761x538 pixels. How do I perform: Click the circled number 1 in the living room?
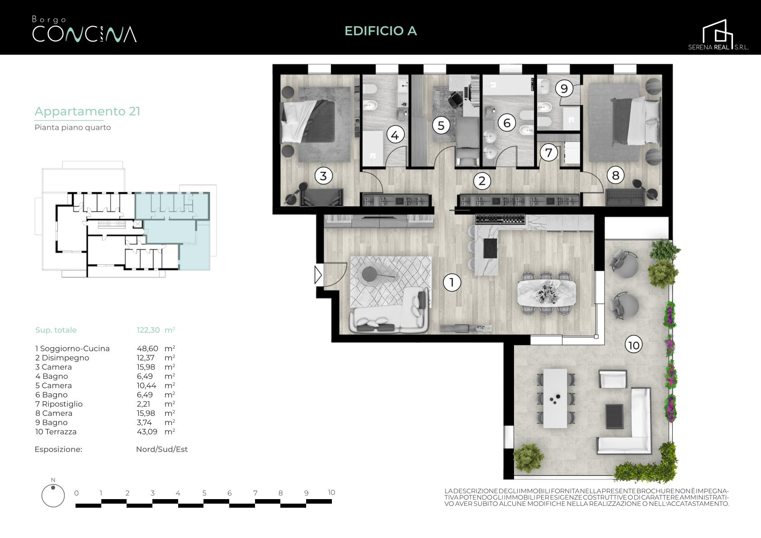tap(452, 282)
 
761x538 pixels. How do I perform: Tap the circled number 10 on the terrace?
tap(633, 345)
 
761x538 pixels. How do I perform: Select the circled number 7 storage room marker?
tap(548, 152)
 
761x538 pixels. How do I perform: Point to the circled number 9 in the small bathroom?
tap(564, 89)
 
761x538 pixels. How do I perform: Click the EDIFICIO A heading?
tap(381, 31)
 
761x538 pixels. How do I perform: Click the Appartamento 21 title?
tap(87, 111)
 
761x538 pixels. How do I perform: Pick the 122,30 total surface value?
tap(148, 330)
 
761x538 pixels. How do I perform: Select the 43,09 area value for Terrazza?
tap(147, 432)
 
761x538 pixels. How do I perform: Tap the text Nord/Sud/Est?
tap(162, 449)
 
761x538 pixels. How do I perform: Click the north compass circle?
tap(53, 496)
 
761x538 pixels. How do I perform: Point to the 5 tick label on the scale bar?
tap(204, 493)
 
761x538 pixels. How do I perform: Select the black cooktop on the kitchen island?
tap(490, 248)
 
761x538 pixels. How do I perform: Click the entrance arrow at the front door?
tap(318, 275)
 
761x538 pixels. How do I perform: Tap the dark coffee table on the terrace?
tap(614, 416)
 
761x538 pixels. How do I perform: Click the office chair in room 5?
tap(456, 99)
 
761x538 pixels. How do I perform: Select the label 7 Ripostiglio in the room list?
tap(59, 404)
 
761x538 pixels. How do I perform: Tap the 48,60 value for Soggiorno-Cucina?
tap(147, 349)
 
